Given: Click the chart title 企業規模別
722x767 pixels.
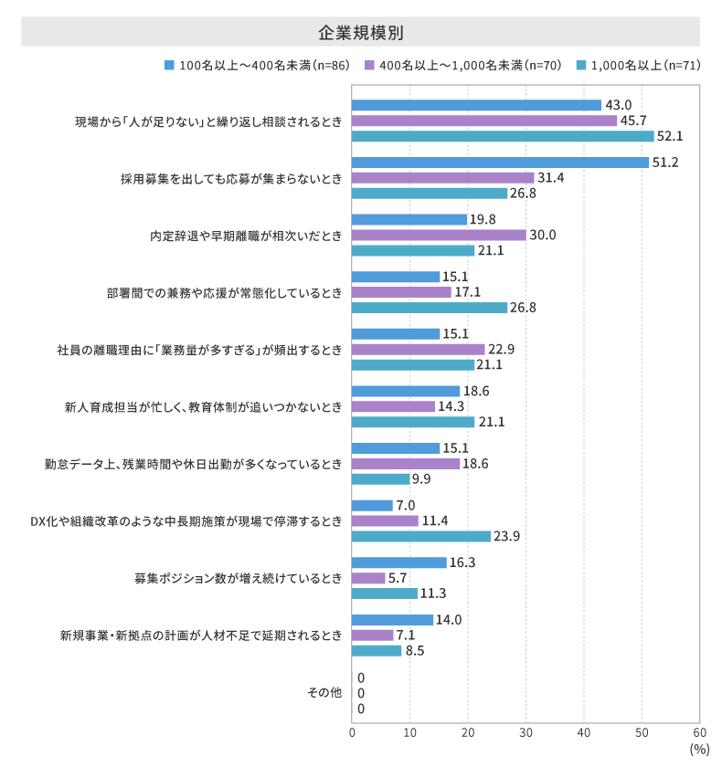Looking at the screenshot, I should click(361, 32).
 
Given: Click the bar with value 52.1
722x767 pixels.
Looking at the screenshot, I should click(503, 136).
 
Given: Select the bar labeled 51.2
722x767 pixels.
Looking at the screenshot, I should click(500, 163).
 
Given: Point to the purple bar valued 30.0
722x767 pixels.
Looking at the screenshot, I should click(439, 235).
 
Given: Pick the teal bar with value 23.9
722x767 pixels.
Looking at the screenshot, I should click(421, 536).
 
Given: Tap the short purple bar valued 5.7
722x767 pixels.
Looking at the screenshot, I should click(368, 578).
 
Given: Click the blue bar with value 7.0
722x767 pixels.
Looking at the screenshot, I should click(372, 506).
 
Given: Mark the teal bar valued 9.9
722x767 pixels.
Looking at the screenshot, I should click(380, 478).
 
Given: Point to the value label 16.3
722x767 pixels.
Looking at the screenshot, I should click(462, 562).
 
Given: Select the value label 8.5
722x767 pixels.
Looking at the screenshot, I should click(415, 651).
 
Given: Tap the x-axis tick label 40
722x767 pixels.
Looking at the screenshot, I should click(584, 731).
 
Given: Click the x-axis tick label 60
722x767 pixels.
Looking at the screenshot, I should click(699, 731).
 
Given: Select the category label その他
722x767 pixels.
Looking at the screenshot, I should click(324, 693).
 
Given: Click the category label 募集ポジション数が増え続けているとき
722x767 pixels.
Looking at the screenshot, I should click(239, 578).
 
